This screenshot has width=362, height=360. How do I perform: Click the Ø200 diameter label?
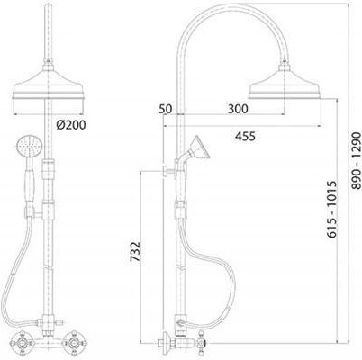pos(71,125)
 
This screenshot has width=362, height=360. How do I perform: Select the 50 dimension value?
pos(166,109)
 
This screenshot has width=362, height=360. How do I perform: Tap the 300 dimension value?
pos(238,109)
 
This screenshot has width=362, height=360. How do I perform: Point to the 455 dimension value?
pos(245,136)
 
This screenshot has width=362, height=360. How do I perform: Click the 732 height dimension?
pos(135,251)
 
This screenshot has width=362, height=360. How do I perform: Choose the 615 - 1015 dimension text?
pos(332,209)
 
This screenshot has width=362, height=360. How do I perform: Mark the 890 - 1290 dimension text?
pos(356,160)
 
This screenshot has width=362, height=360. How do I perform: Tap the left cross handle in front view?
pos(22,341)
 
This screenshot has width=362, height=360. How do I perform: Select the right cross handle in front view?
pos(74,341)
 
